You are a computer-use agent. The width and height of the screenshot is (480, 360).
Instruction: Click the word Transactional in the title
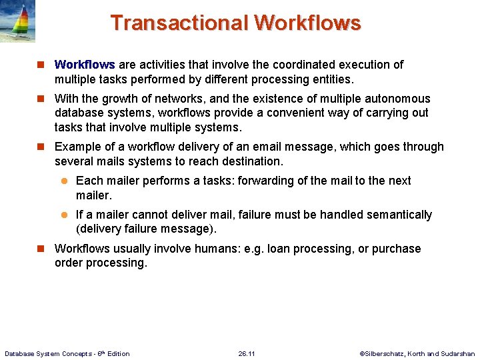[179, 23]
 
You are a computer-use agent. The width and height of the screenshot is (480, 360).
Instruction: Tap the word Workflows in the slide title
[307, 23]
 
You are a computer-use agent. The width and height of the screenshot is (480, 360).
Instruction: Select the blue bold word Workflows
[85, 65]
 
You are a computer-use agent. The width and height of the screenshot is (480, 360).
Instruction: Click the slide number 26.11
[247, 353]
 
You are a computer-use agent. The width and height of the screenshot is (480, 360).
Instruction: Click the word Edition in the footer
[117, 353]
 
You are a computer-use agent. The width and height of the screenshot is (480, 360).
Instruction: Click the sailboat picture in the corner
[18, 21]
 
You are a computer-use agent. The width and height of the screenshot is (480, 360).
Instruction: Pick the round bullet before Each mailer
[65, 181]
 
